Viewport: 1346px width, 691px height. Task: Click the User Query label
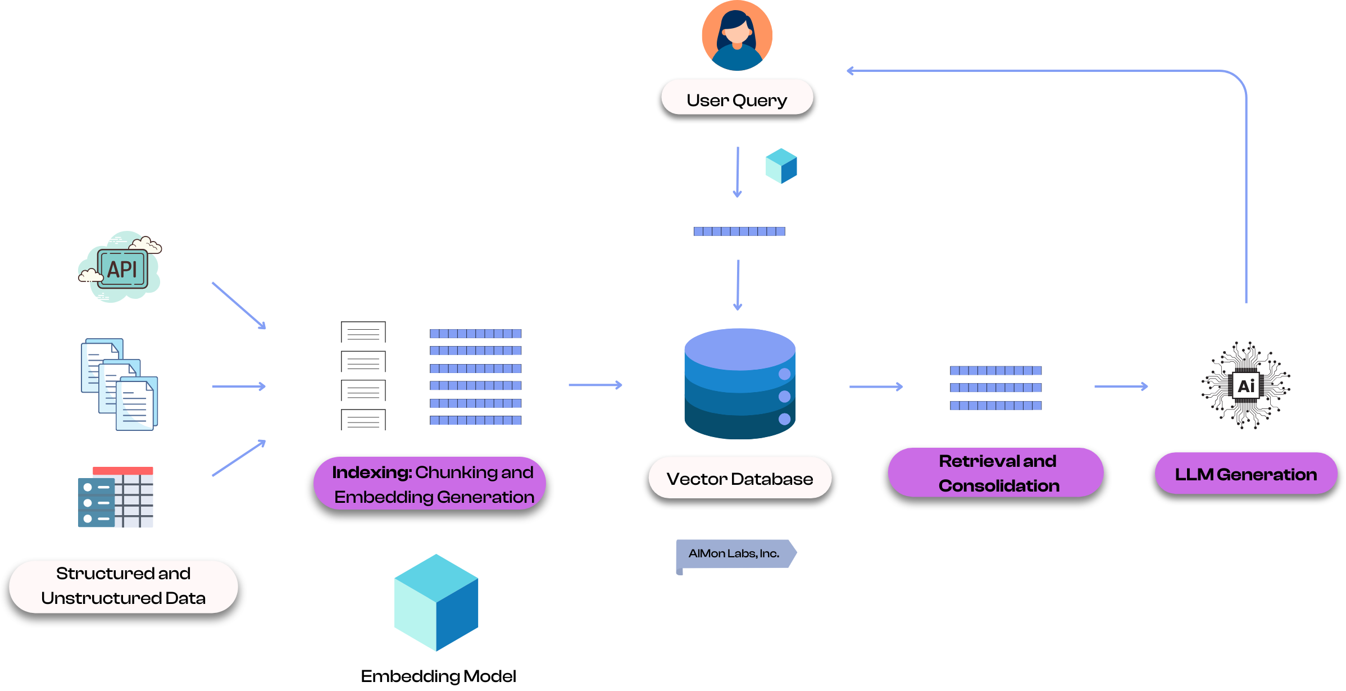[x=736, y=100]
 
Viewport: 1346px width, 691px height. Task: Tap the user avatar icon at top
[x=737, y=36]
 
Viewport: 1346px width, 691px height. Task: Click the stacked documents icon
[x=120, y=385]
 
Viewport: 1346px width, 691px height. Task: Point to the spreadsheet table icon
[x=116, y=497]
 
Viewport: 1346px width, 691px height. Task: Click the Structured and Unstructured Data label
[x=124, y=586]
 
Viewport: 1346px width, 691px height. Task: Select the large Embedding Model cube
[x=436, y=603]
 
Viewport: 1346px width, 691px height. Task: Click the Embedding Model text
[x=438, y=676]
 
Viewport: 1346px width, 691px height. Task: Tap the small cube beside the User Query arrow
[x=781, y=166]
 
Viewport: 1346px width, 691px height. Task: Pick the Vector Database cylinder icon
[x=740, y=384]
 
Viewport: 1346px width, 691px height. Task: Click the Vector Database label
[x=739, y=479]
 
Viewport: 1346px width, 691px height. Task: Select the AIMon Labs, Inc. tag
[x=735, y=554]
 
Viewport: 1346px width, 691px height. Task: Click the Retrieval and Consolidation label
[x=998, y=473]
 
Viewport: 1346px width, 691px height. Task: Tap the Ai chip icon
[x=1245, y=386]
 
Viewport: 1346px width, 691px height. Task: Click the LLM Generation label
[x=1245, y=475]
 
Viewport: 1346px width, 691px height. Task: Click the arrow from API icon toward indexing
[x=238, y=306]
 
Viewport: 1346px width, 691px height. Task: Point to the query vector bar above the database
[x=739, y=231]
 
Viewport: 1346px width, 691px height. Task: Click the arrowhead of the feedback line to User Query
[x=850, y=71]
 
